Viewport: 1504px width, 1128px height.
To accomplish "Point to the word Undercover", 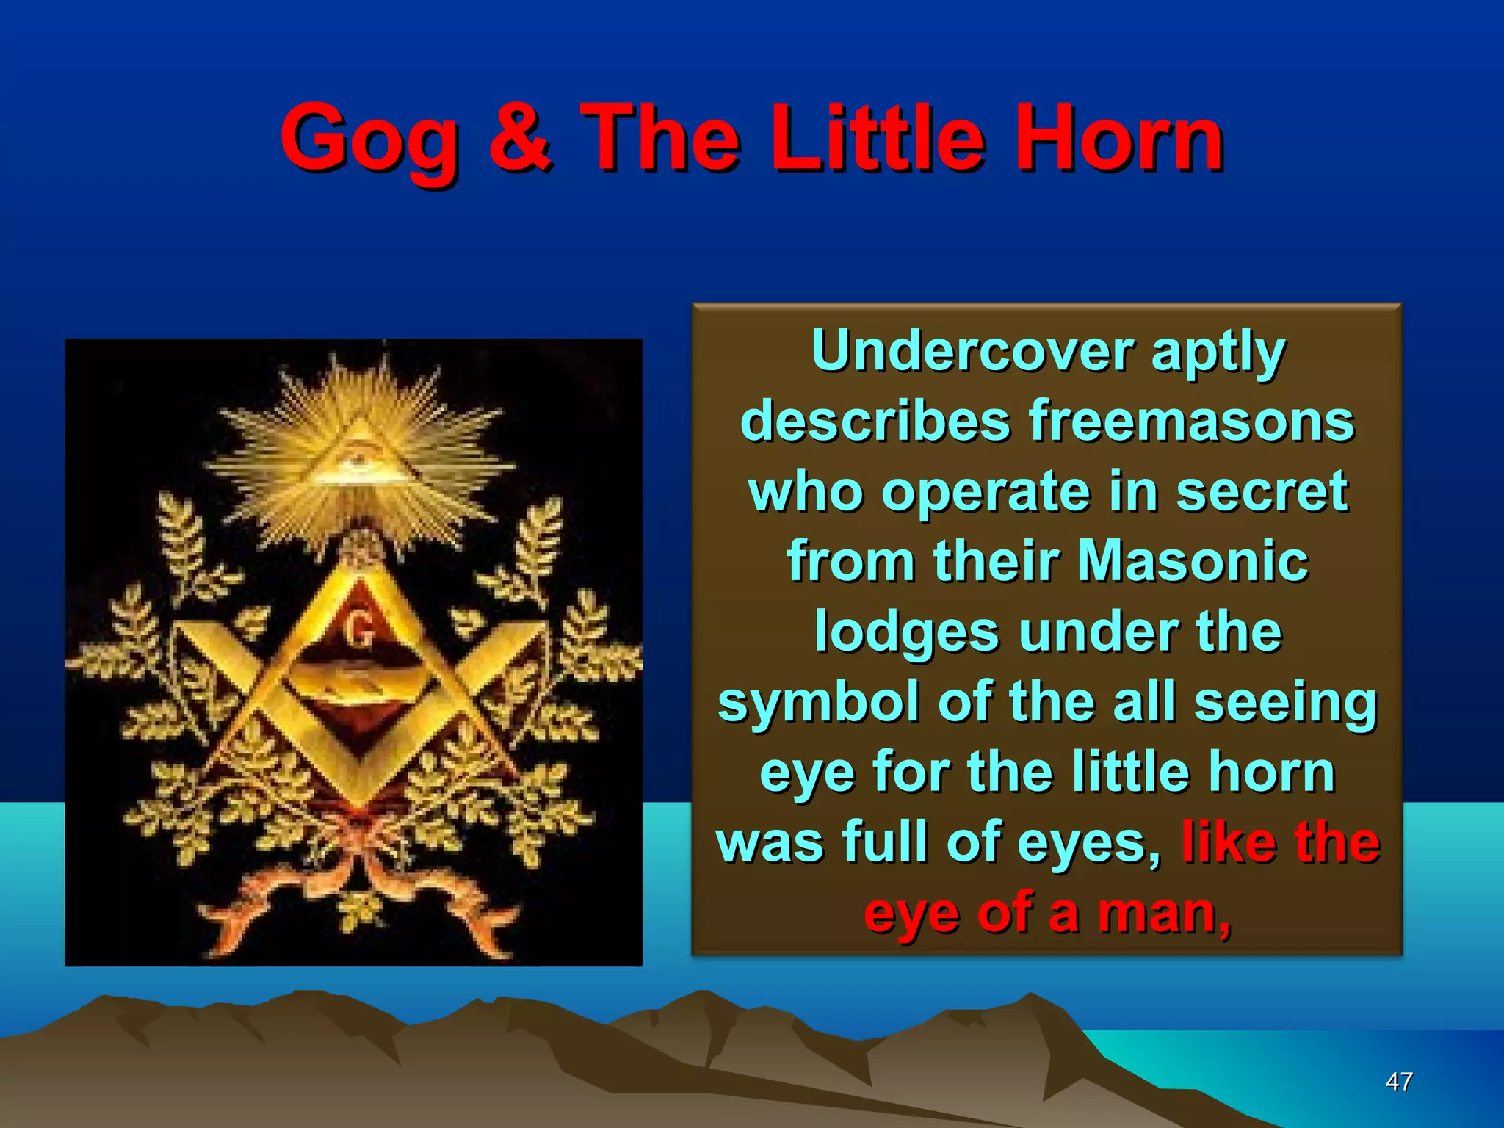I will point(974,351).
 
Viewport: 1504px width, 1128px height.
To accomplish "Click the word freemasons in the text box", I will point(1191,422).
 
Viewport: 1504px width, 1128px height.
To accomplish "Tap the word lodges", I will point(906,632).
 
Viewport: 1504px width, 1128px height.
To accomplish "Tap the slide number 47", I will point(1398,1081).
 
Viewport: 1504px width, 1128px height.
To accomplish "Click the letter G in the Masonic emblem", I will point(359,630).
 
